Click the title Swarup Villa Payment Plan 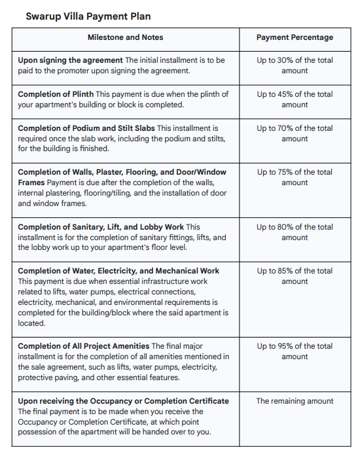pos(88,16)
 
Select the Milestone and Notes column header pos(126,37)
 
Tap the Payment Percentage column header pos(295,37)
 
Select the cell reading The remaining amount pos(295,401)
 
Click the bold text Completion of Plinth pos(56,94)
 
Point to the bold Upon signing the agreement pos(70,60)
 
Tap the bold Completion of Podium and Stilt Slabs pos(86,128)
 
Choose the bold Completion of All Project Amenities pos(84,346)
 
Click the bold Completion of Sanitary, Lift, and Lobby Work pos(101,227)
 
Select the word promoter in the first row pos(73,71)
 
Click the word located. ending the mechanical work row pos(31,323)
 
